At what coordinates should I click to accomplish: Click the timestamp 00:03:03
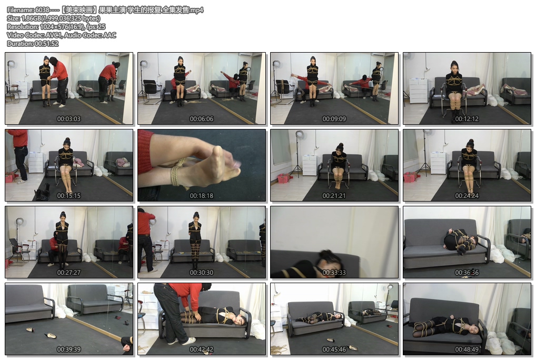(x=68, y=119)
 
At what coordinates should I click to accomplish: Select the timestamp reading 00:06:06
(x=201, y=119)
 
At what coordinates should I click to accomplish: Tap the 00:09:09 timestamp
(x=334, y=119)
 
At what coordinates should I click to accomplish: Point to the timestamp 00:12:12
(x=466, y=119)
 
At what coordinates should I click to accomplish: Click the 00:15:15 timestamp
(x=68, y=196)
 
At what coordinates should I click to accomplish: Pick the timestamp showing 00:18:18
(x=201, y=196)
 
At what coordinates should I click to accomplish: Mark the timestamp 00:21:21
(x=334, y=196)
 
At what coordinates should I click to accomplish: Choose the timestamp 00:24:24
(x=466, y=196)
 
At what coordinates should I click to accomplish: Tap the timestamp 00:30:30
(x=201, y=273)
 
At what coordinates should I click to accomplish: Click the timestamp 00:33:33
(x=334, y=273)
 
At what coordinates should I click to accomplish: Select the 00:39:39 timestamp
(x=68, y=349)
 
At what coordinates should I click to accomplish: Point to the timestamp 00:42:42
(x=201, y=349)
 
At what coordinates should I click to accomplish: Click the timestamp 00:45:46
(x=334, y=349)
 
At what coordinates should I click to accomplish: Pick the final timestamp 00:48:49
(x=466, y=349)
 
